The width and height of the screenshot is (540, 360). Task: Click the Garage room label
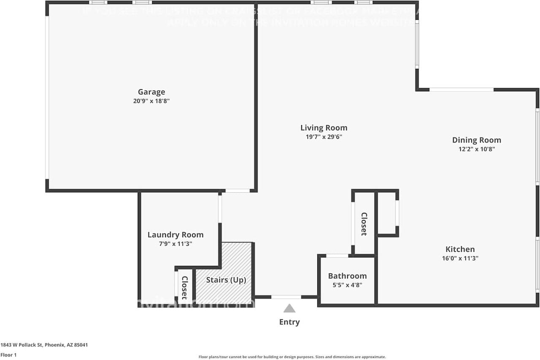[151, 92]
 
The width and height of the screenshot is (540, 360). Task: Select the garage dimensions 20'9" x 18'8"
[151, 101]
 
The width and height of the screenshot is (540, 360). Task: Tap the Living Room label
[324, 128]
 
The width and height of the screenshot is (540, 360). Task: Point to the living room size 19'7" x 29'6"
[324, 137]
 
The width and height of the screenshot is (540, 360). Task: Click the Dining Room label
[476, 140]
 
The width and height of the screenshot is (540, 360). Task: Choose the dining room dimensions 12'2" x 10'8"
[476, 149]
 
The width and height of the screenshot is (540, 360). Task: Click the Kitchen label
[460, 249]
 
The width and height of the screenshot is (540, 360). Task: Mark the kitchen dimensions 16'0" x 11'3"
[460, 258]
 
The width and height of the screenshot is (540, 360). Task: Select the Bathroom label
[347, 276]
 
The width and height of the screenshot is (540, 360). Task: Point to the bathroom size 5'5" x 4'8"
[347, 285]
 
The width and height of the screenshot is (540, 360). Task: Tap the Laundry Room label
[175, 235]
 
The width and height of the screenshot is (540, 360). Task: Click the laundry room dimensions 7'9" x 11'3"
[175, 244]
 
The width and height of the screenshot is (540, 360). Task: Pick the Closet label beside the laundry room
[184, 287]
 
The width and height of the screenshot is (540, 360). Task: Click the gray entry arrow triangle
[289, 309]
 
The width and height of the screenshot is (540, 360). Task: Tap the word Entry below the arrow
[289, 322]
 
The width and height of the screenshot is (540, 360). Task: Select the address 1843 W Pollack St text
[44, 345]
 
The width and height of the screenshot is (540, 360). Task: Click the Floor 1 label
[8, 355]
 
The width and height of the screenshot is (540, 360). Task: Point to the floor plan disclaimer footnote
[292, 357]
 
